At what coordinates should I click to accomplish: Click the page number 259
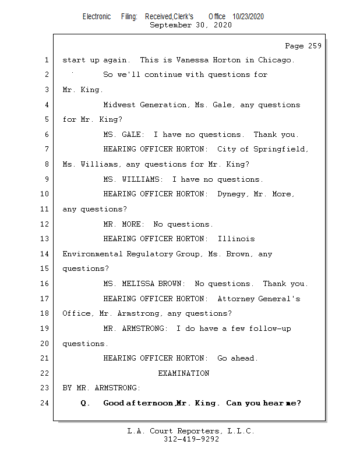tap(315, 46)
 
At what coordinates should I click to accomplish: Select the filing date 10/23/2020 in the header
tap(248, 17)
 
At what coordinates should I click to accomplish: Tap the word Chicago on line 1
tap(276, 60)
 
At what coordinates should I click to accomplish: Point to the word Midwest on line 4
tap(119, 105)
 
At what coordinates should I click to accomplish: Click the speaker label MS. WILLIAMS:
tap(133, 179)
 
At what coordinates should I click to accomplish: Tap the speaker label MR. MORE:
tap(123, 224)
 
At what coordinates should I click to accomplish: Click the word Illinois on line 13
tap(237, 239)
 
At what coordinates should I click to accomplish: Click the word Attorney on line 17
tap(236, 299)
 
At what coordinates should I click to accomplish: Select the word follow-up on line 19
tap(270, 329)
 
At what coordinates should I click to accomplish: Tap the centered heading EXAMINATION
tap(183, 373)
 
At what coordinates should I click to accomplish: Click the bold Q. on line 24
tap(85, 403)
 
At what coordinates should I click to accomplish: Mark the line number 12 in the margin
tap(44, 224)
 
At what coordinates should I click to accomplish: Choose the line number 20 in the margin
tap(44, 344)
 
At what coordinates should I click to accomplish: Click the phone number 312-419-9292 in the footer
tap(191, 439)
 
